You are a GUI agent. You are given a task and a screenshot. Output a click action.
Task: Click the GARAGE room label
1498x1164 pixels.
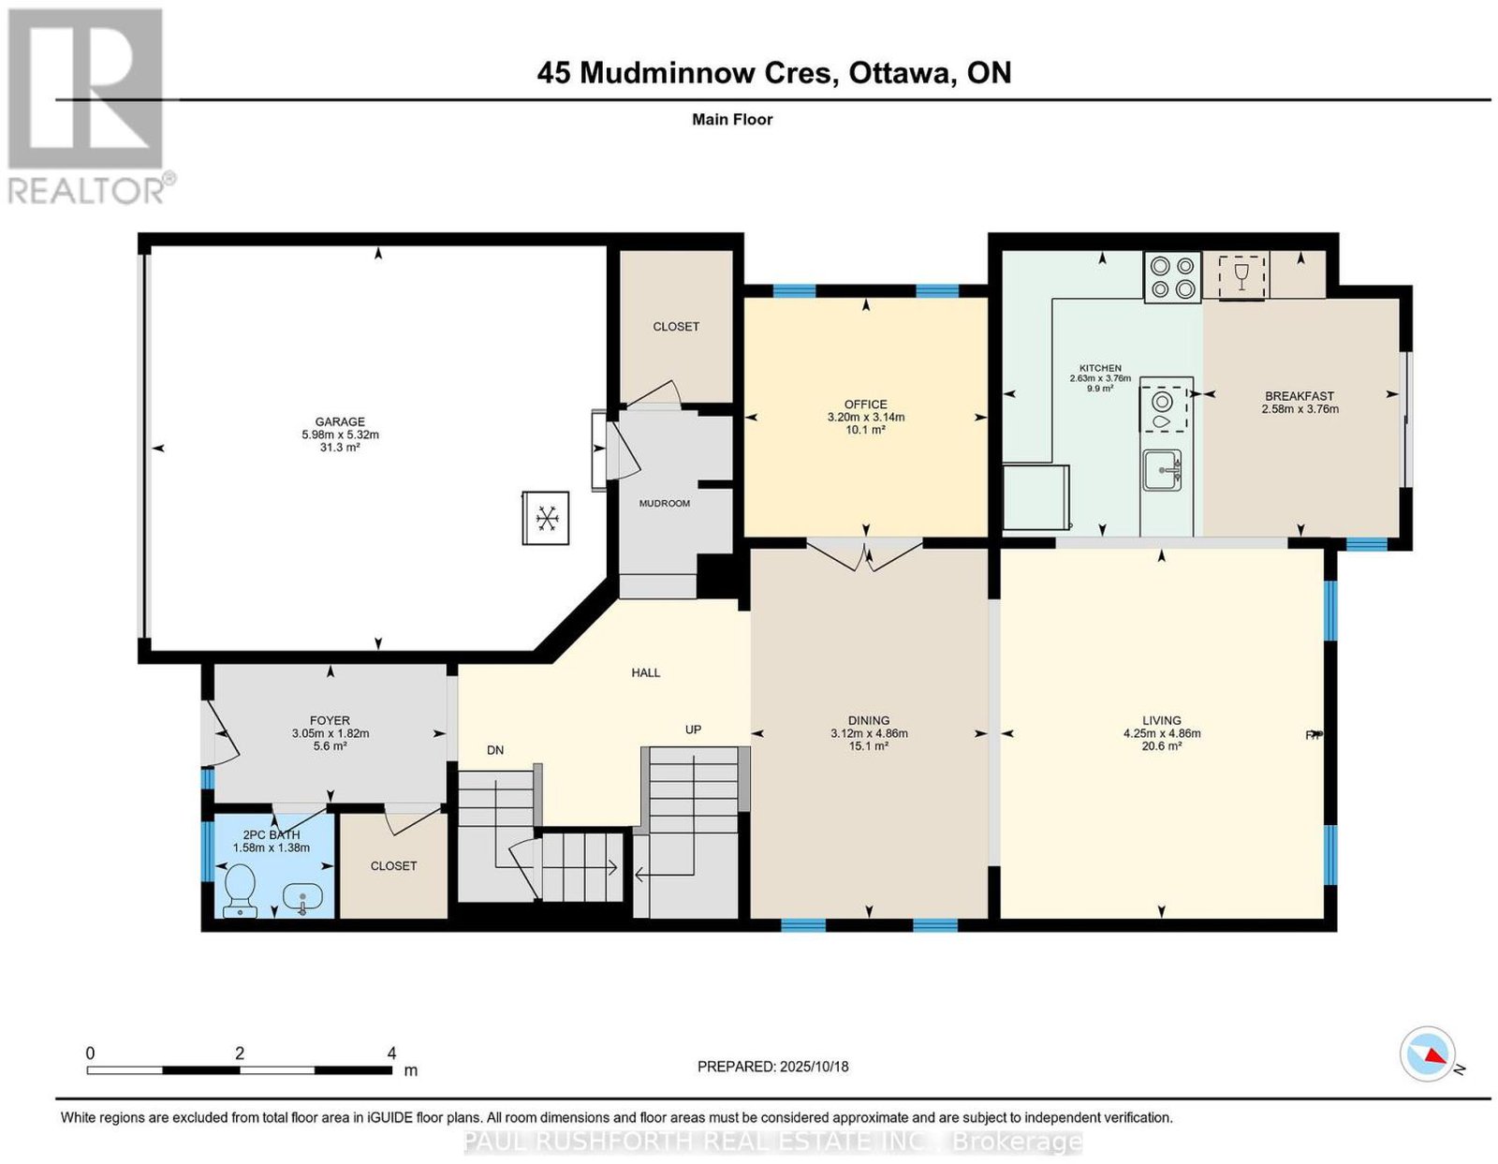[340, 421]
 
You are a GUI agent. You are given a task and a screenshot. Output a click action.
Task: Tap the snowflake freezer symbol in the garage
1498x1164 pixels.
[546, 518]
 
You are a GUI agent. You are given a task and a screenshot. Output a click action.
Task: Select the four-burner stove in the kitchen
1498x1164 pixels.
[1172, 277]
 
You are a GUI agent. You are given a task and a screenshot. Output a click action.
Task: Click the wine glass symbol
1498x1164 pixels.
[1242, 276]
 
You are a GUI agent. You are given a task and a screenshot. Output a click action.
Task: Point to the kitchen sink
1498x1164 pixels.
[1162, 471]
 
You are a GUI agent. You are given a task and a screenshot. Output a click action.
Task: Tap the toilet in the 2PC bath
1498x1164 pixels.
[240, 891]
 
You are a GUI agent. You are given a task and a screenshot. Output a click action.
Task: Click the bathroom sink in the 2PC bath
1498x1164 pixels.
[302, 899]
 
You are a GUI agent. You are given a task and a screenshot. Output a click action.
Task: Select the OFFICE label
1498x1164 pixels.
[866, 405]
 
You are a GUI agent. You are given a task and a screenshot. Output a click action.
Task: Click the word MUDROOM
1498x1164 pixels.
[665, 504]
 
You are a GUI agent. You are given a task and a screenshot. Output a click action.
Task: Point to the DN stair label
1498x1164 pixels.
[495, 750]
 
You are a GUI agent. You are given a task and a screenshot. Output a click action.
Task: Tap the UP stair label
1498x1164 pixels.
[693, 729]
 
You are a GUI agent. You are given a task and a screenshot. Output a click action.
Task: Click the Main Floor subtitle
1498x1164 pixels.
[732, 119]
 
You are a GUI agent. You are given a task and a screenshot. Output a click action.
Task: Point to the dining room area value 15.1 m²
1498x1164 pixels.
[868, 745]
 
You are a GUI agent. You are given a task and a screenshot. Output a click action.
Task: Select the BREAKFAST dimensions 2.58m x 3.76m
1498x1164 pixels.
[1300, 409]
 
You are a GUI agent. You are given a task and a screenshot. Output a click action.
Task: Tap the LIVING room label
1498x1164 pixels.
[1162, 721]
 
